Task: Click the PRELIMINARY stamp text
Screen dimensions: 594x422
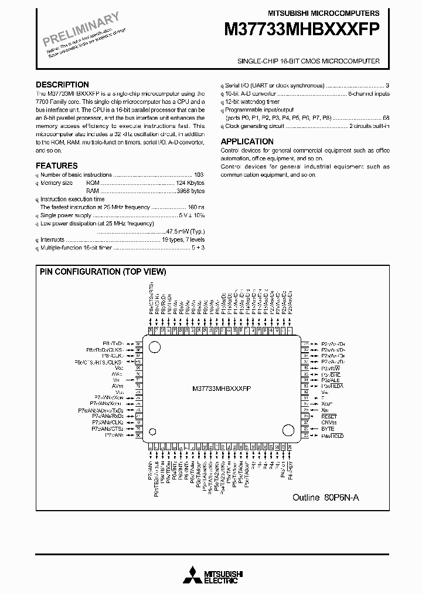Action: [x=81, y=28]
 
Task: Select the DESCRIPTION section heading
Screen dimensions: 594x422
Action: [x=62, y=85]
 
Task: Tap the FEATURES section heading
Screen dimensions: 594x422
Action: [x=56, y=166]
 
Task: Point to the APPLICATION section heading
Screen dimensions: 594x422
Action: [x=247, y=141]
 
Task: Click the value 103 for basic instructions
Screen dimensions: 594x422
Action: [x=199, y=175]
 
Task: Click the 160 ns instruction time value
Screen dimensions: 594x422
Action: [x=196, y=207]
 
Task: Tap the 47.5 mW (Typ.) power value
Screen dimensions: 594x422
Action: [x=185, y=231]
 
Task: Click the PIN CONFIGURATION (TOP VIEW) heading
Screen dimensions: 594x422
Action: [x=103, y=272]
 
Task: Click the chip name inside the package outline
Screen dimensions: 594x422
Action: [x=222, y=389]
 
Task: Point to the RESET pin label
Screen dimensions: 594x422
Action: [x=329, y=416]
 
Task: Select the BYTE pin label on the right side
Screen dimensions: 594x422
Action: [x=327, y=429]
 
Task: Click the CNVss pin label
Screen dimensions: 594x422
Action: [x=329, y=423]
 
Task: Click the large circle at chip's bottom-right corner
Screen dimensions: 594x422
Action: [x=288, y=430]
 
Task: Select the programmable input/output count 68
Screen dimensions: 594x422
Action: [x=386, y=117]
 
